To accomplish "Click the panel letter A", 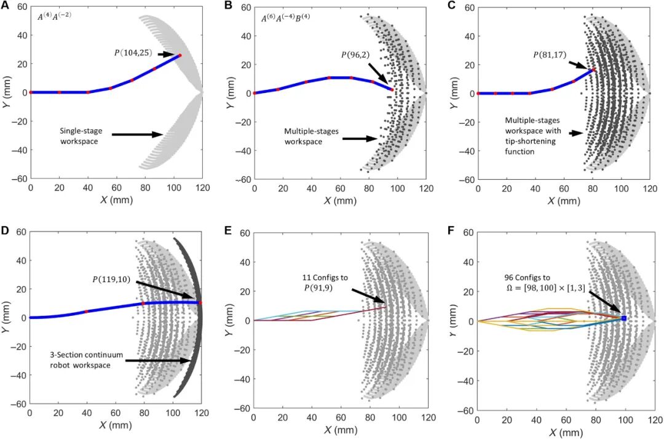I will pyautogui.click(x=5, y=7).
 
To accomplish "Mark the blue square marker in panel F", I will pyautogui.click(x=623, y=318).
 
